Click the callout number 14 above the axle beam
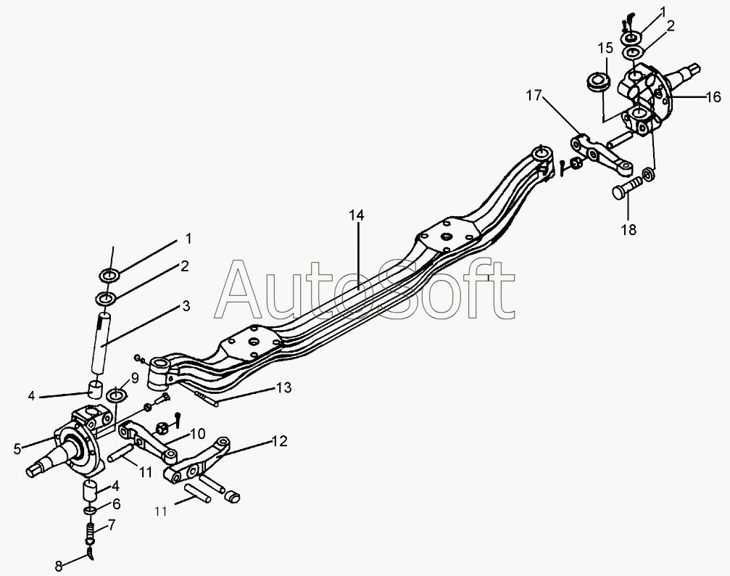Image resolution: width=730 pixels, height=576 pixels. pyautogui.click(x=356, y=215)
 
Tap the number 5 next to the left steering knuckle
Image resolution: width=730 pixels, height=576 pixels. pyautogui.click(x=17, y=448)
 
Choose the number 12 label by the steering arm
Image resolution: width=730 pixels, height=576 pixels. pyautogui.click(x=279, y=440)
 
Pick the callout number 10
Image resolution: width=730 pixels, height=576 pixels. pyautogui.click(x=198, y=433)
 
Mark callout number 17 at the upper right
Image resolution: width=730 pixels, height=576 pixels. pyautogui.click(x=534, y=94)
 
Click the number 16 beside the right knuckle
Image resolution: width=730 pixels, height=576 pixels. pyautogui.click(x=712, y=97)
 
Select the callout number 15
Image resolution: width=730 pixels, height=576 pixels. pyautogui.click(x=605, y=49)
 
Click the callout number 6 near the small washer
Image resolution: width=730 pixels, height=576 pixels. pyautogui.click(x=116, y=503)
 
